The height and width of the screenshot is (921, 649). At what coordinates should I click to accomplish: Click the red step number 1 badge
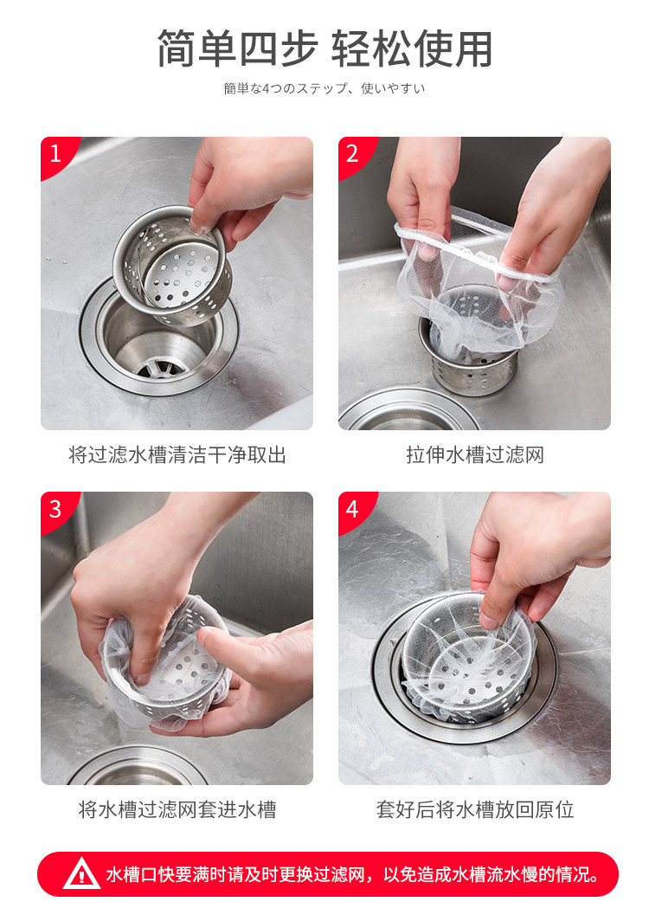pos(55,154)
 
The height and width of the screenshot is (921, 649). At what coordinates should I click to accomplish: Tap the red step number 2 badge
pos(353,154)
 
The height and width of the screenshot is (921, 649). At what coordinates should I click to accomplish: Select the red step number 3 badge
pos(55,509)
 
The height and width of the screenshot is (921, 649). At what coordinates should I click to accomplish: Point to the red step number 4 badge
pos(353,509)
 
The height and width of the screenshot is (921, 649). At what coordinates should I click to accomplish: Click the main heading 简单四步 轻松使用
pos(324,48)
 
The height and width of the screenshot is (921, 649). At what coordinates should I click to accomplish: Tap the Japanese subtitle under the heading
pos(324,88)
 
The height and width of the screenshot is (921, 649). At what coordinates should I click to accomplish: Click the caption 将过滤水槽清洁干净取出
pos(177,454)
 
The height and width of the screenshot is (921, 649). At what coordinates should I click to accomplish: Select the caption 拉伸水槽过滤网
pos(474,454)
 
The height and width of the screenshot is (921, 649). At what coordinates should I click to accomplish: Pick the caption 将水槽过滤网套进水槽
pos(177,809)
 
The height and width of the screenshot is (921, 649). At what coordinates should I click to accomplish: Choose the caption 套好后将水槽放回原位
pos(474,809)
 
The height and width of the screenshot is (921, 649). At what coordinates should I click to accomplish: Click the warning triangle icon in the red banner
pos(81,874)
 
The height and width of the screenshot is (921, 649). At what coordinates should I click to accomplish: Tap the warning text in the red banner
pos(353,874)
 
